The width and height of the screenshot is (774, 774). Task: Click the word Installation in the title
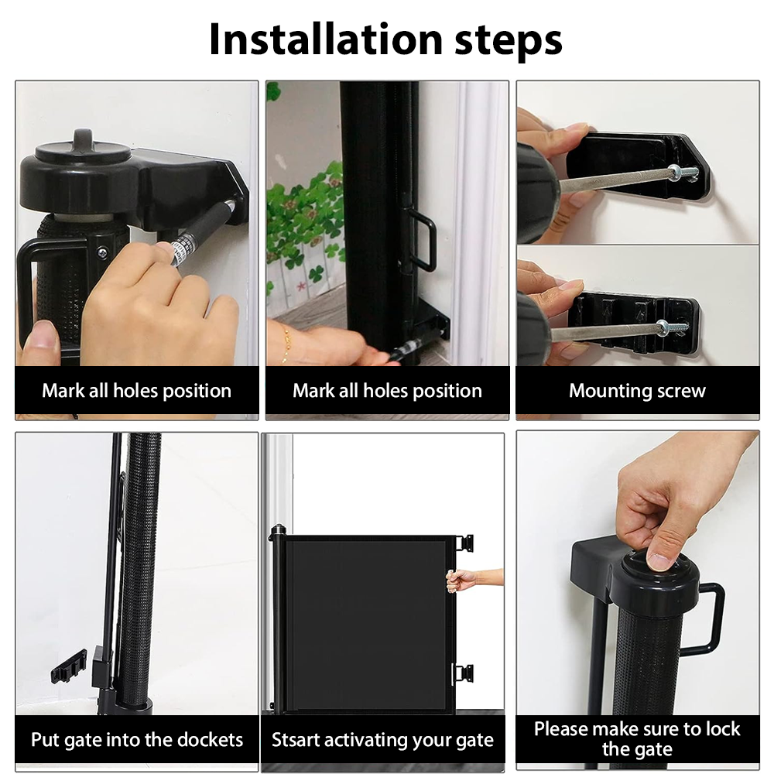pos(326,39)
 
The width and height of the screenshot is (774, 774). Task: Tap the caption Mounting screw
pos(637,390)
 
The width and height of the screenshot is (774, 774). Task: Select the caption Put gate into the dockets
pos(137,740)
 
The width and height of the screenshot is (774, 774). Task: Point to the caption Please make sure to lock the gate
pos(637,739)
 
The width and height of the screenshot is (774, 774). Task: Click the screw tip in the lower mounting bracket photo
pos(680,327)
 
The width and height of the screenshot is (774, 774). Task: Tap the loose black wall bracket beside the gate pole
pos(69,666)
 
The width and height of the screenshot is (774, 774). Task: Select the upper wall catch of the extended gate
pos(464,543)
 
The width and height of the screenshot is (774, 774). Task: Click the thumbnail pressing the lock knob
pos(659,561)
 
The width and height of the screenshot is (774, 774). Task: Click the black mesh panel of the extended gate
pos(368,625)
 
